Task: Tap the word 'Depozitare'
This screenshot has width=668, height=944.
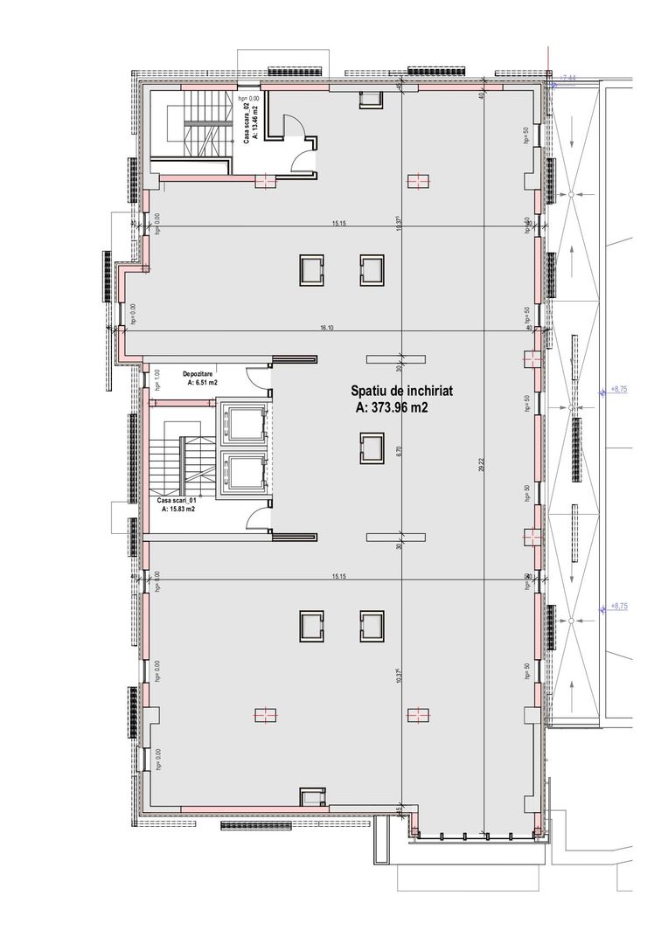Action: [200, 373]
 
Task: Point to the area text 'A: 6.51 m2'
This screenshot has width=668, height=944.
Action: [200, 383]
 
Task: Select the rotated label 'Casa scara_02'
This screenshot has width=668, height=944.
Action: [247, 122]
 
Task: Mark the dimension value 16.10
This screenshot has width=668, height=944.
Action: [328, 327]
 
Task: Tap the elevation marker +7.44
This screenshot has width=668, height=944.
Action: [568, 79]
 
